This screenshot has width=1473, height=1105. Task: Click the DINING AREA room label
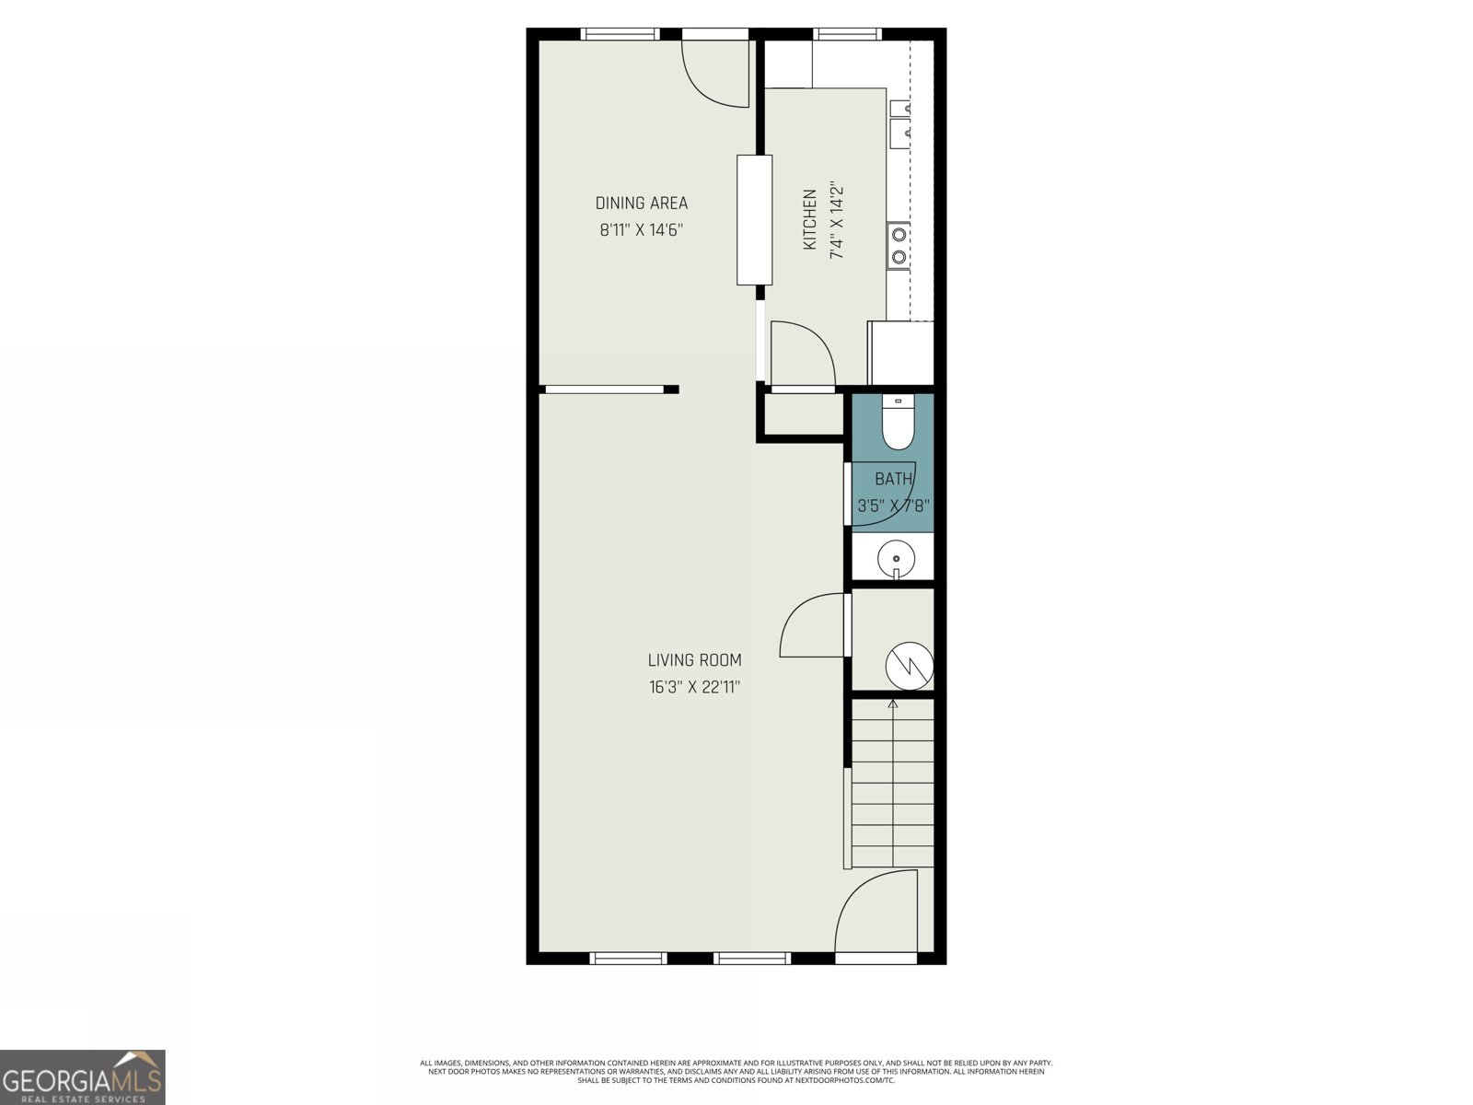point(641,204)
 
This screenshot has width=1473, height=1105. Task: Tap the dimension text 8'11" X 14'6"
point(641,230)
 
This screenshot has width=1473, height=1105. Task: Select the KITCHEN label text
point(810,219)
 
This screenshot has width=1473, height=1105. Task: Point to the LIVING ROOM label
point(694,660)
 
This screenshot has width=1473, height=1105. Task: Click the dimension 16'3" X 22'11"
point(694,687)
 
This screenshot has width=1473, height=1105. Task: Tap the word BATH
point(893,479)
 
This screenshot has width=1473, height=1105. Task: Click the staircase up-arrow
point(892,704)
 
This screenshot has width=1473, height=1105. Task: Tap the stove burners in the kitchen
point(899,245)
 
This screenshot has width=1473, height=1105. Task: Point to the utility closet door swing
point(812,626)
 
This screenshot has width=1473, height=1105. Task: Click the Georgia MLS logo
point(82,1076)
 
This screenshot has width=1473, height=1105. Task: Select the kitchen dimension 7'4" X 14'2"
point(837,219)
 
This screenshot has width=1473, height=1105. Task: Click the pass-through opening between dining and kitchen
point(754,220)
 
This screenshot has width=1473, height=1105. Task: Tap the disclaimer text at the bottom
point(736,1071)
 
